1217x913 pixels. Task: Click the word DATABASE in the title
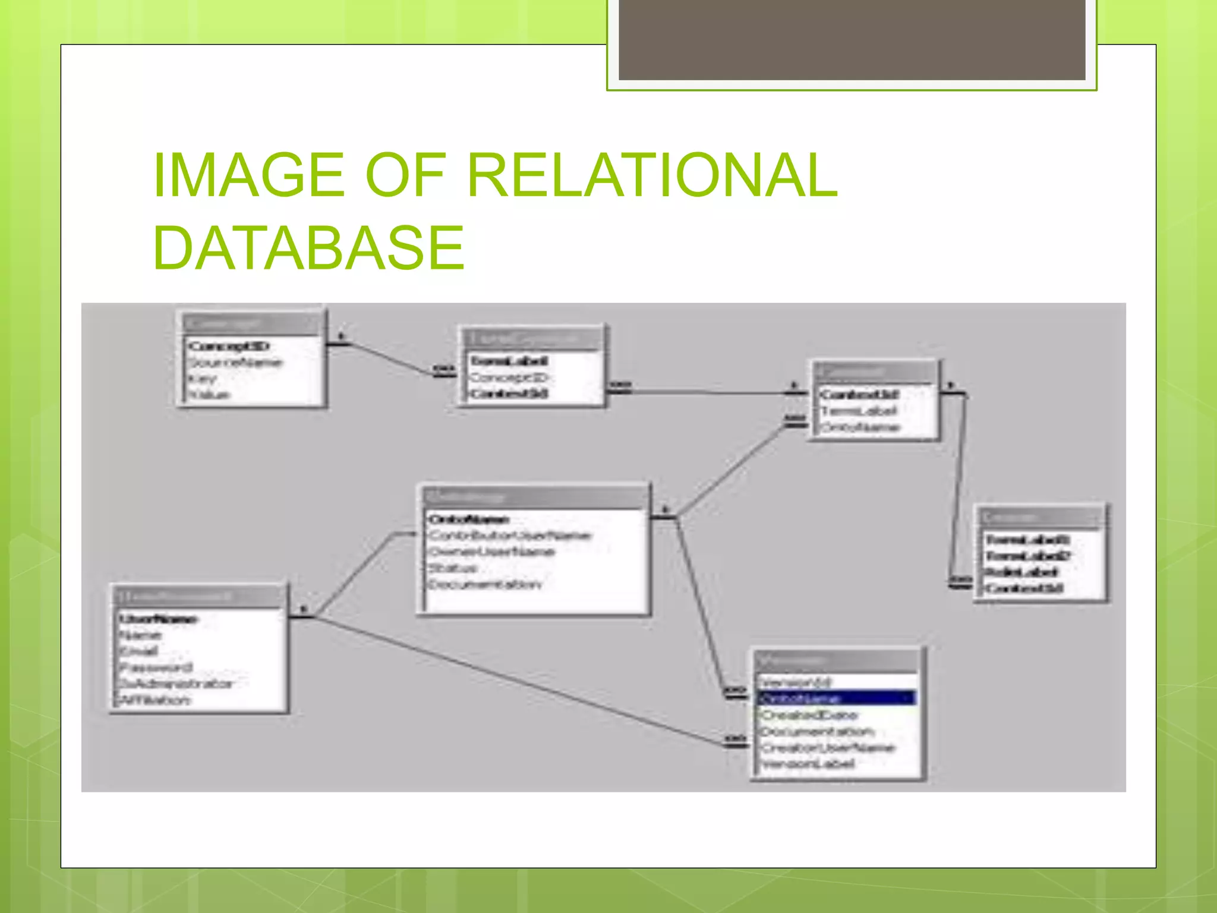coord(308,248)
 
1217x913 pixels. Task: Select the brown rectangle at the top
coord(852,39)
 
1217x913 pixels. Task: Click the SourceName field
coord(235,363)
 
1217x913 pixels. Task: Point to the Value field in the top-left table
coord(209,395)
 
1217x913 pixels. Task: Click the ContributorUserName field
coord(510,536)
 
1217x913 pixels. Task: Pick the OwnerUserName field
coord(491,552)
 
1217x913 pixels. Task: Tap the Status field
coord(453,568)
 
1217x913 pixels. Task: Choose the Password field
coord(156,668)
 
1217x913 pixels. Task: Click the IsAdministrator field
coord(176,684)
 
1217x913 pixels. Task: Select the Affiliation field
coord(155,700)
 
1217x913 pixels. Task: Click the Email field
coord(138,651)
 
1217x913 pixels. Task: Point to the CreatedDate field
coord(809,715)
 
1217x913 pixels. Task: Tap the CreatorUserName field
coord(828,748)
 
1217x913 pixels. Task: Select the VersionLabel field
coord(808,764)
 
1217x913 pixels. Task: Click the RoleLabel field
coord(1021,572)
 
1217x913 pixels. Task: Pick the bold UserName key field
coord(157,619)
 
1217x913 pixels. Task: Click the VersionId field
coord(796,682)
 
